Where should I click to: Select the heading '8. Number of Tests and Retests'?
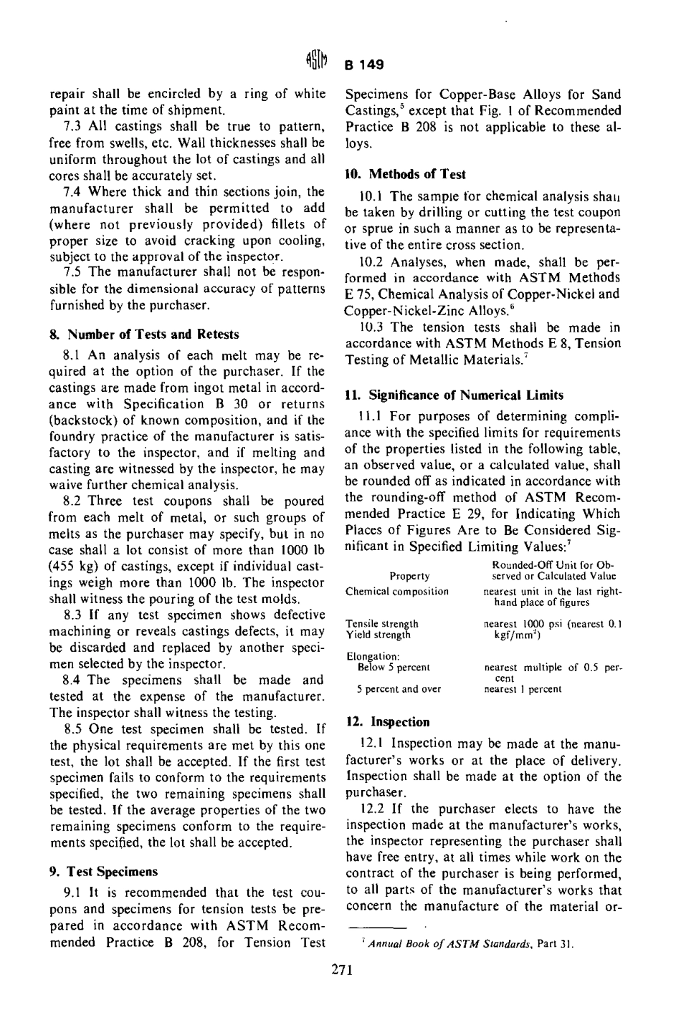click(x=144, y=335)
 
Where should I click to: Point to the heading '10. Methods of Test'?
click(x=405, y=174)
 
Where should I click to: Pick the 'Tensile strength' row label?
click(x=382, y=624)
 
